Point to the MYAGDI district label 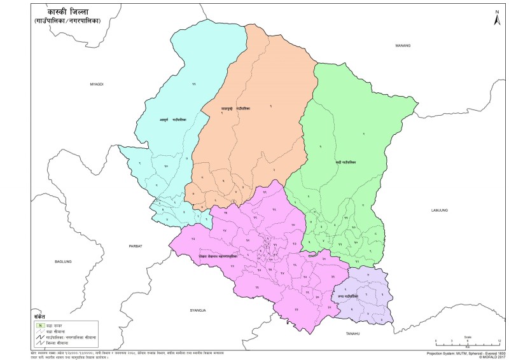[x=96, y=84]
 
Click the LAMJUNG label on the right [x=440, y=209]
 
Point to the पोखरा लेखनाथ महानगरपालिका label [x=217, y=256]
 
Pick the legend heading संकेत [x=39, y=316]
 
